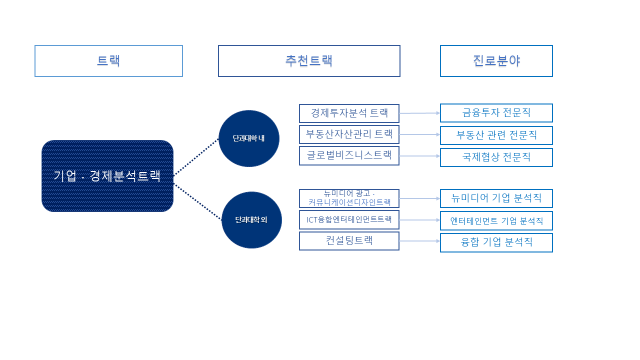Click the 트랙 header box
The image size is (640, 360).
tap(108, 61)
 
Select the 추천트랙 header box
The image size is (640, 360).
tap(309, 61)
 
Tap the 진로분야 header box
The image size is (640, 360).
tap(496, 61)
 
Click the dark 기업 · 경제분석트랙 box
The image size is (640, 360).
tap(107, 176)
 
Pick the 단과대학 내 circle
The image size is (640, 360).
tap(249, 138)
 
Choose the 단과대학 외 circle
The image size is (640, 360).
tap(251, 220)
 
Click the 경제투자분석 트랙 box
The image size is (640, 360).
tap(349, 113)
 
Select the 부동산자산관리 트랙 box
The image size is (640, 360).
tap(349, 134)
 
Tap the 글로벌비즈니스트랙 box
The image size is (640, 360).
tap(349, 156)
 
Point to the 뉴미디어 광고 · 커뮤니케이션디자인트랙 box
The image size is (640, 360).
tap(349, 198)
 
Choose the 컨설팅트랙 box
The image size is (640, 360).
tap(349, 241)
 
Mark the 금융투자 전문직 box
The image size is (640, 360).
tap(496, 113)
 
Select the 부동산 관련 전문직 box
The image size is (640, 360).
tap(496, 135)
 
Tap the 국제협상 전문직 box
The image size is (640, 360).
tap(496, 157)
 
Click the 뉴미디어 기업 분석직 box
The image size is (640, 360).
tap(496, 198)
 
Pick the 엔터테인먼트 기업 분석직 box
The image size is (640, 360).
tap(496, 220)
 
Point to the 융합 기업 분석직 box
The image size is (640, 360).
tap(496, 242)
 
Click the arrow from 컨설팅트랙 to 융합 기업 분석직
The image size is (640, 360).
tap(419, 241)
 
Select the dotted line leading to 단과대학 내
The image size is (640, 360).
tap(196, 156)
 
